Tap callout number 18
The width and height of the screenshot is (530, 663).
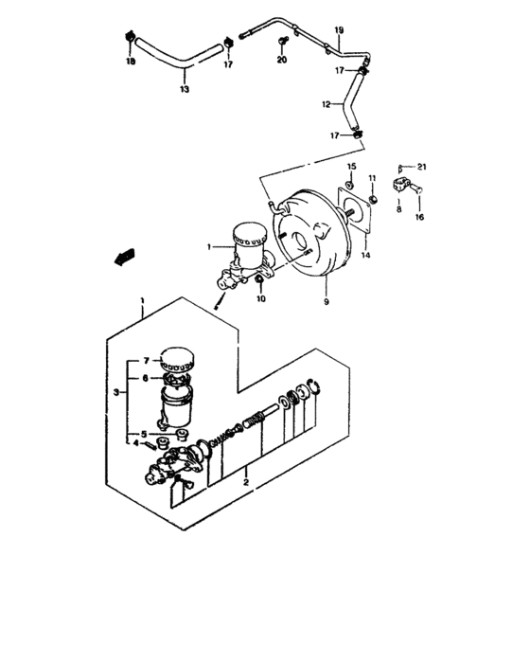pos(131,62)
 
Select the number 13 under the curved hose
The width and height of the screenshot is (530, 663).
pos(184,90)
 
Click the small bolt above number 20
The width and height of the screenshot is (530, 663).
pos(283,41)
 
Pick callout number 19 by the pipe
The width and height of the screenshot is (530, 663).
pos(340,31)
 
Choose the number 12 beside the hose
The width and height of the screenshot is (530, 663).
pos(326,104)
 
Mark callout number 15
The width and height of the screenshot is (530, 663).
pos(350,167)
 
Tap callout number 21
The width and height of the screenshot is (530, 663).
pos(423,167)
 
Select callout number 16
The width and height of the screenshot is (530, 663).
pos(420,217)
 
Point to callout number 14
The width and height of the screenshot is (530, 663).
pos(364,255)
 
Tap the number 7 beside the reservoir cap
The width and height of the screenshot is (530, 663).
pos(148,361)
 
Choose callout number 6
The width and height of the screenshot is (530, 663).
pos(148,377)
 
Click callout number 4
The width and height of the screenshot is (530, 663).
pos(135,442)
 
